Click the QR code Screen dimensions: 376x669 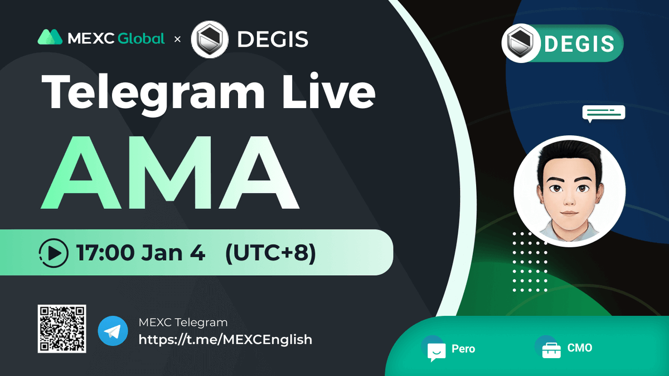(x=62, y=329)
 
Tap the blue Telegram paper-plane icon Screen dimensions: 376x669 (x=113, y=331)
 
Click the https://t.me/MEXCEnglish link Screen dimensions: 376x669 (x=225, y=339)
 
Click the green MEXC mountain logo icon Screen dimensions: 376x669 (x=50, y=37)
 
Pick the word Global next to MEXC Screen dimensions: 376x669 (x=142, y=38)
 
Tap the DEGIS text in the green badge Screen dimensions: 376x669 (x=579, y=43)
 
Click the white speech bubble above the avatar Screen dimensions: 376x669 (x=603, y=113)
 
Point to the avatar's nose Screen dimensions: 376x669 (x=568, y=198)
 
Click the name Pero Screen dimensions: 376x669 (x=463, y=349)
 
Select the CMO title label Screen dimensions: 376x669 (x=580, y=348)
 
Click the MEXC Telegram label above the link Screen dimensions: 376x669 (x=183, y=323)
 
